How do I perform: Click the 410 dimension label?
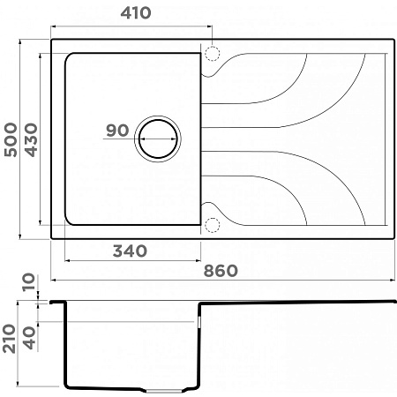(x=136, y=13)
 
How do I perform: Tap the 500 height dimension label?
(x=11, y=139)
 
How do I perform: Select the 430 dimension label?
(x=31, y=139)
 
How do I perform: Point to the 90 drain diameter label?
(x=117, y=131)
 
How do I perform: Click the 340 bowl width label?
(x=130, y=251)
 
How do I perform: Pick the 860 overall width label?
(x=221, y=271)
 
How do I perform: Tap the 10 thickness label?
(x=29, y=282)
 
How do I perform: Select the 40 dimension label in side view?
(x=29, y=338)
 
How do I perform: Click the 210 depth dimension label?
(x=9, y=339)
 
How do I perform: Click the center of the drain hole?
(x=158, y=139)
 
